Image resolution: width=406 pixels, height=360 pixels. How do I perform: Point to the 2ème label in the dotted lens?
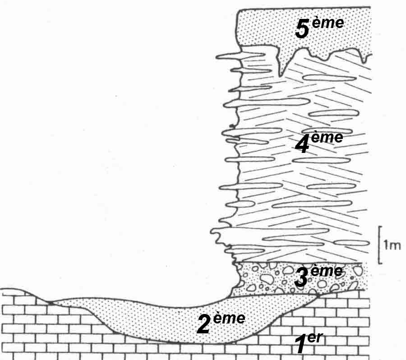[221, 324]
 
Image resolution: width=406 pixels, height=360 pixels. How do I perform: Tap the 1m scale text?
[392, 246]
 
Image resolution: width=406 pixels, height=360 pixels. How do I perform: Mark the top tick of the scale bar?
[382, 226]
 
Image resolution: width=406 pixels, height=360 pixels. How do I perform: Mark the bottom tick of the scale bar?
[382, 262]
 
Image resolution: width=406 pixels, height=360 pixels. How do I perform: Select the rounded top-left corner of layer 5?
[241, 13]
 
